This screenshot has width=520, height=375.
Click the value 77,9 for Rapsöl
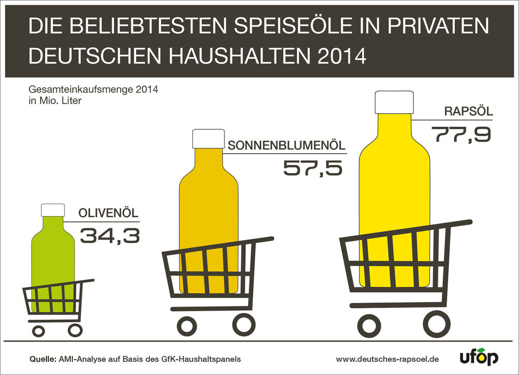(x=461, y=134)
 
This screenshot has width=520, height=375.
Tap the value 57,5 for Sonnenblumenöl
(x=312, y=167)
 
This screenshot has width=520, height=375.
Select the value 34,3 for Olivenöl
(x=110, y=235)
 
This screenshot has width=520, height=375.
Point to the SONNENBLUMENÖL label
(x=287, y=146)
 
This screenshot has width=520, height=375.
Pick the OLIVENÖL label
(x=108, y=213)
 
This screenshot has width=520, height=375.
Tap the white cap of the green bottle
(x=53, y=210)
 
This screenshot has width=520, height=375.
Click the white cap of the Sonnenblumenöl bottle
(x=208, y=139)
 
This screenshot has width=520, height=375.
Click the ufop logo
(x=479, y=357)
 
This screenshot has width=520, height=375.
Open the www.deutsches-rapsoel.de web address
(x=387, y=359)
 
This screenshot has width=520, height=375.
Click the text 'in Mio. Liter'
(x=55, y=100)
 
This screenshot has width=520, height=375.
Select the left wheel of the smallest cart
(x=39, y=331)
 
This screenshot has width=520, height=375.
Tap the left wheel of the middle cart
(x=187, y=324)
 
